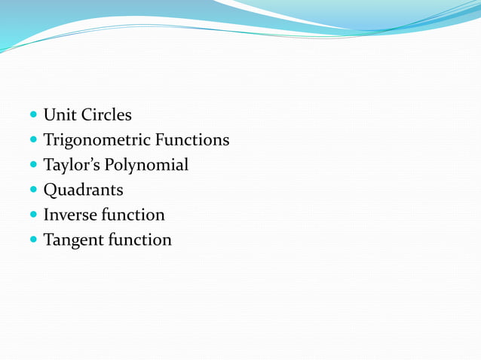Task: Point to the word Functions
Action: pyautogui.click(x=193, y=140)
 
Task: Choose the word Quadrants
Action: pyautogui.click(x=83, y=190)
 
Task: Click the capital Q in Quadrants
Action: pyautogui.click(x=51, y=190)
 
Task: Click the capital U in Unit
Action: pyautogui.click(x=50, y=115)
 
